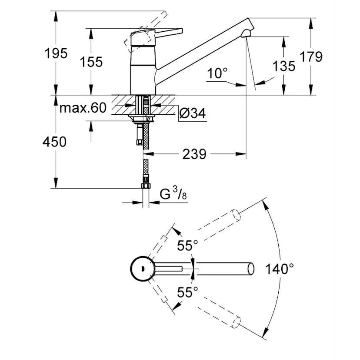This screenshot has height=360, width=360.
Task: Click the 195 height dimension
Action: (x=56, y=53)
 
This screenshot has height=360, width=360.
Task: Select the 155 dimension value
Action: (x=91, y=62)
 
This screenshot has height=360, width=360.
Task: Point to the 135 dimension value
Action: (x=284, y=66)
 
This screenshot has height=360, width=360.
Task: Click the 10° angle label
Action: (x=217, y=73)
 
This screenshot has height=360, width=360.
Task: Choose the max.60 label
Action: (x=83, y=108)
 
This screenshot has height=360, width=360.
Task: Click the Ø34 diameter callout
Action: (x=192, y=113)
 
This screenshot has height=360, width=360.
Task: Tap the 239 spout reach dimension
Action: (x=194, y=154)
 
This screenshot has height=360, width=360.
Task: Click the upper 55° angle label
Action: (x=187, y=246)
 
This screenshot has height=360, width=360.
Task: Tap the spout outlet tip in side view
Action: (x=248, y=33)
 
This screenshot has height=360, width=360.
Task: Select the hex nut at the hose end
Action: (x=146, y=186)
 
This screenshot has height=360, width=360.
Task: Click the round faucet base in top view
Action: (x=142, y=269)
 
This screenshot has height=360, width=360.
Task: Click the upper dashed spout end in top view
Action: (x=236, y=215)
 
